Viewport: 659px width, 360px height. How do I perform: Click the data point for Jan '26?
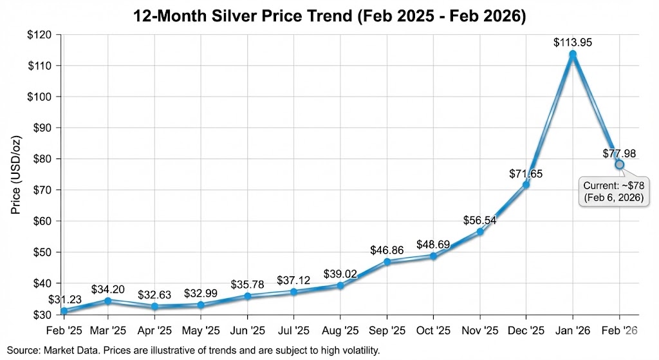tap(573, 55)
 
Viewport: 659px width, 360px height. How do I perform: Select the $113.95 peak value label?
tap(573, 43)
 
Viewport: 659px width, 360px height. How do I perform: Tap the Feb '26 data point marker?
tap(619, 164)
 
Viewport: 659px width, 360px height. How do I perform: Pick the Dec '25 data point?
tap(526, 185)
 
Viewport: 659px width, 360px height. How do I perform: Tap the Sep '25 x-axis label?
tap(387, 330)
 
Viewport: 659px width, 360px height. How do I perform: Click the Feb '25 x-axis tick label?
tap(64, 330)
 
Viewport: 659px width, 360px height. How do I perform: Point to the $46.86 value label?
tap(387, 250)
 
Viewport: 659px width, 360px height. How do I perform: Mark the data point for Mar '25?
tap(107, 301)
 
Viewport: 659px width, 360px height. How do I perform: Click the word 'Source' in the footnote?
tap(21, 350)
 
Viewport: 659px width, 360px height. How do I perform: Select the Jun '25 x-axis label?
tap(247, 330)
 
